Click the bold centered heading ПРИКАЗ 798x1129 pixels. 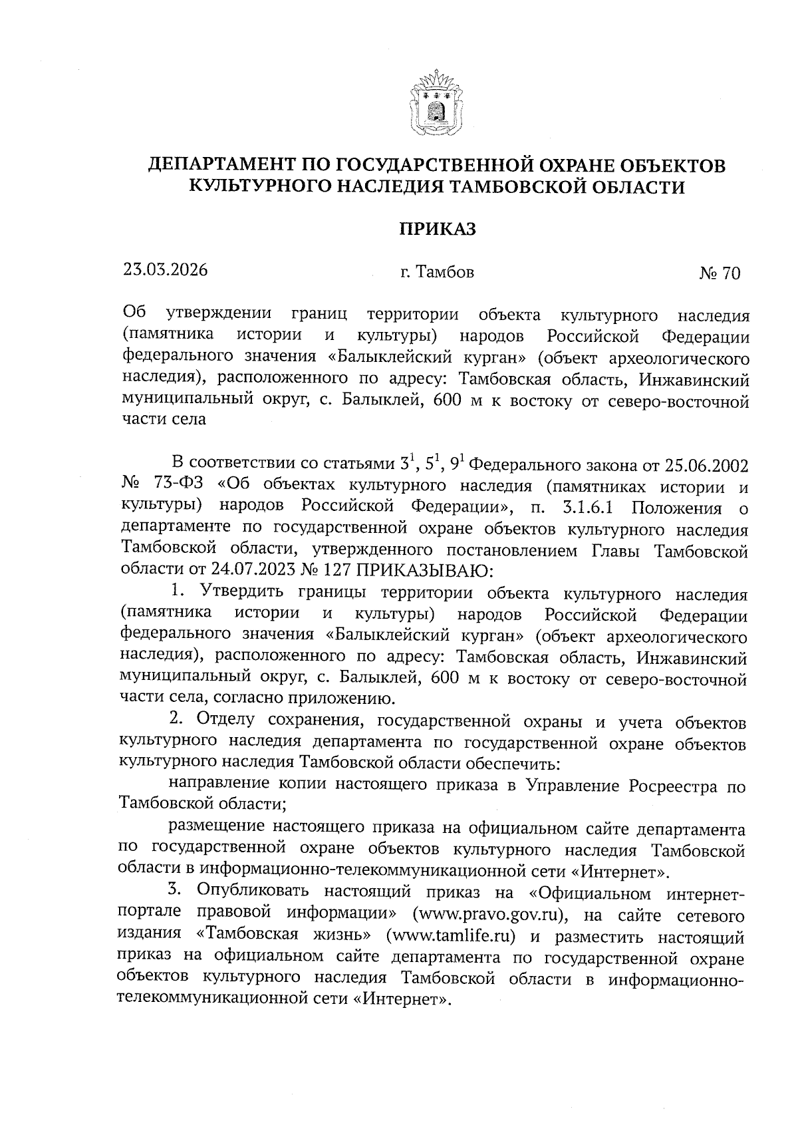click(438, 229)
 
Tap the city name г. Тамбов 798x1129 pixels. click(438, 271)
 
